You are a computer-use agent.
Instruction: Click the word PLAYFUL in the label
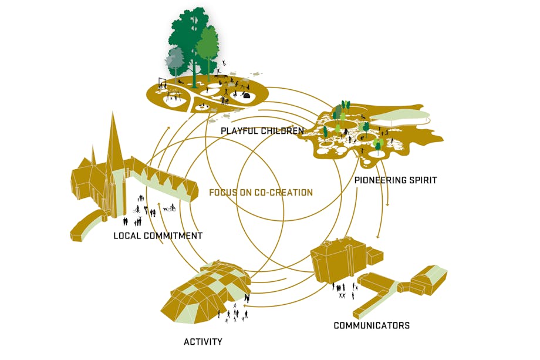pos(241,130)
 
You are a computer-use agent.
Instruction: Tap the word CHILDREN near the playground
pos(283,130)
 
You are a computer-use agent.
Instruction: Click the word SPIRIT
pos(422,180)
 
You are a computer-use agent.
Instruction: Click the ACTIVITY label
pos(203,341)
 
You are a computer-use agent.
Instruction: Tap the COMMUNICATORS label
pos(372,325)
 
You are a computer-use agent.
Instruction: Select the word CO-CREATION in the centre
pos(283,192)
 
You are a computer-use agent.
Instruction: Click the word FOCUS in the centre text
pos(223,192)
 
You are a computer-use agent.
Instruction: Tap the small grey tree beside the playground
pos(174,59)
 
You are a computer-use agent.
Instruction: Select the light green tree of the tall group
pos(207,44)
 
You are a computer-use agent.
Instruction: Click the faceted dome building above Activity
pos(208,288)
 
